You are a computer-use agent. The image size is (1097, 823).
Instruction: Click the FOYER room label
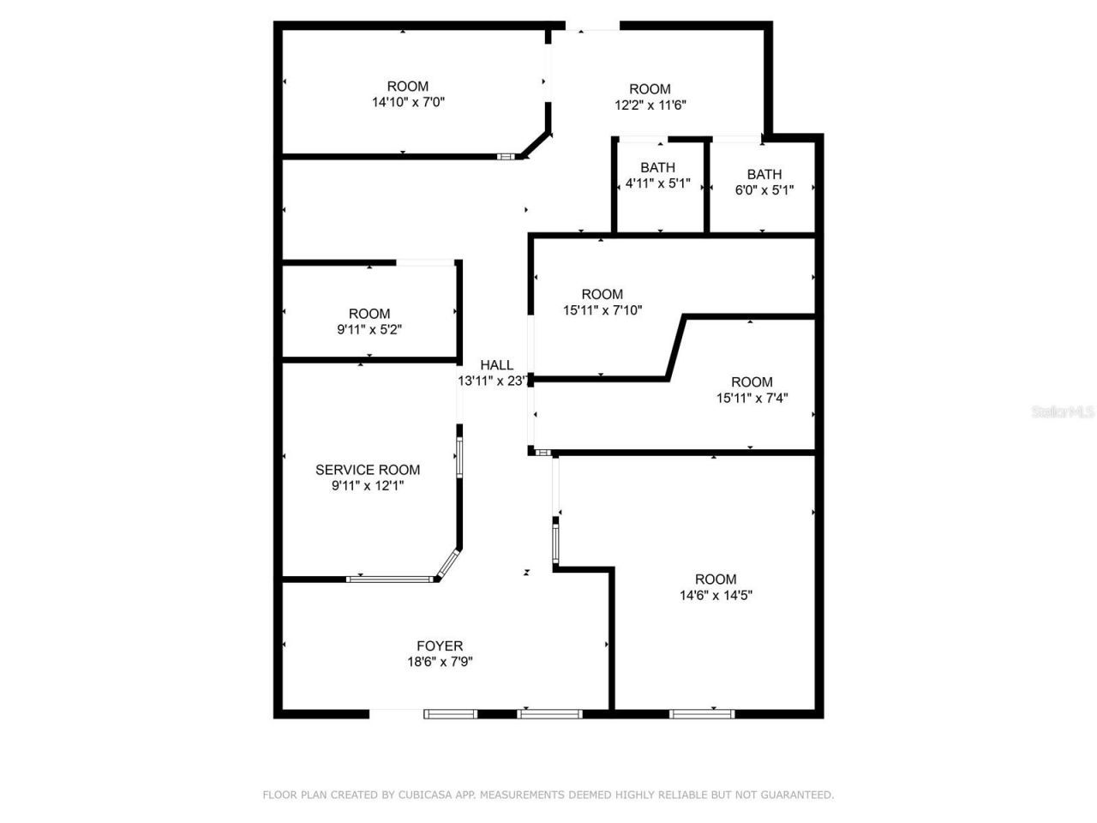440,646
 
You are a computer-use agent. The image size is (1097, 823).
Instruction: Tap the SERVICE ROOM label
368,470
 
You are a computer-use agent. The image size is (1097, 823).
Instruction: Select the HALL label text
496,365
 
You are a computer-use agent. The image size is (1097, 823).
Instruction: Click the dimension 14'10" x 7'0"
408,102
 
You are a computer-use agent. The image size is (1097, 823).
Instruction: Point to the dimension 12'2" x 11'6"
650,105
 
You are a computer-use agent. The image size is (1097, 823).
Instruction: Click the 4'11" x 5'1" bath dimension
657,183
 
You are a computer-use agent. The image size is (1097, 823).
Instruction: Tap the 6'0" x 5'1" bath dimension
764,190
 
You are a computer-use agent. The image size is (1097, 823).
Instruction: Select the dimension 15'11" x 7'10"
602,310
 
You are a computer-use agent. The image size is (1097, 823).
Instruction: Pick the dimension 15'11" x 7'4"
752,398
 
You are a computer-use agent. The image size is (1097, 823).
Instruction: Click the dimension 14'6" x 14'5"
716,595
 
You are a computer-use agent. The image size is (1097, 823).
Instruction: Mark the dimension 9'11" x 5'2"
369,329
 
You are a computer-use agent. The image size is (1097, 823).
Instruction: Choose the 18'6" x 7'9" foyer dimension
440,662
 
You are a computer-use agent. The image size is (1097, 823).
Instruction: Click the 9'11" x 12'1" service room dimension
368,486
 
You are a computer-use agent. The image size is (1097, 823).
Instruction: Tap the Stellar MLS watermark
1063,412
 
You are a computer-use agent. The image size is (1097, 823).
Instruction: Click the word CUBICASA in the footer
426,795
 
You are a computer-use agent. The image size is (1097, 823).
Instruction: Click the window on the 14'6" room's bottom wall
702,712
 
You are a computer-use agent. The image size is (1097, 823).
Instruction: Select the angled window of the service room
449,563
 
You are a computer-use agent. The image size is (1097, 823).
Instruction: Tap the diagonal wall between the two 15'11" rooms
676,347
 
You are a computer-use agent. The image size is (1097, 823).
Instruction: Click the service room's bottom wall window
391,580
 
